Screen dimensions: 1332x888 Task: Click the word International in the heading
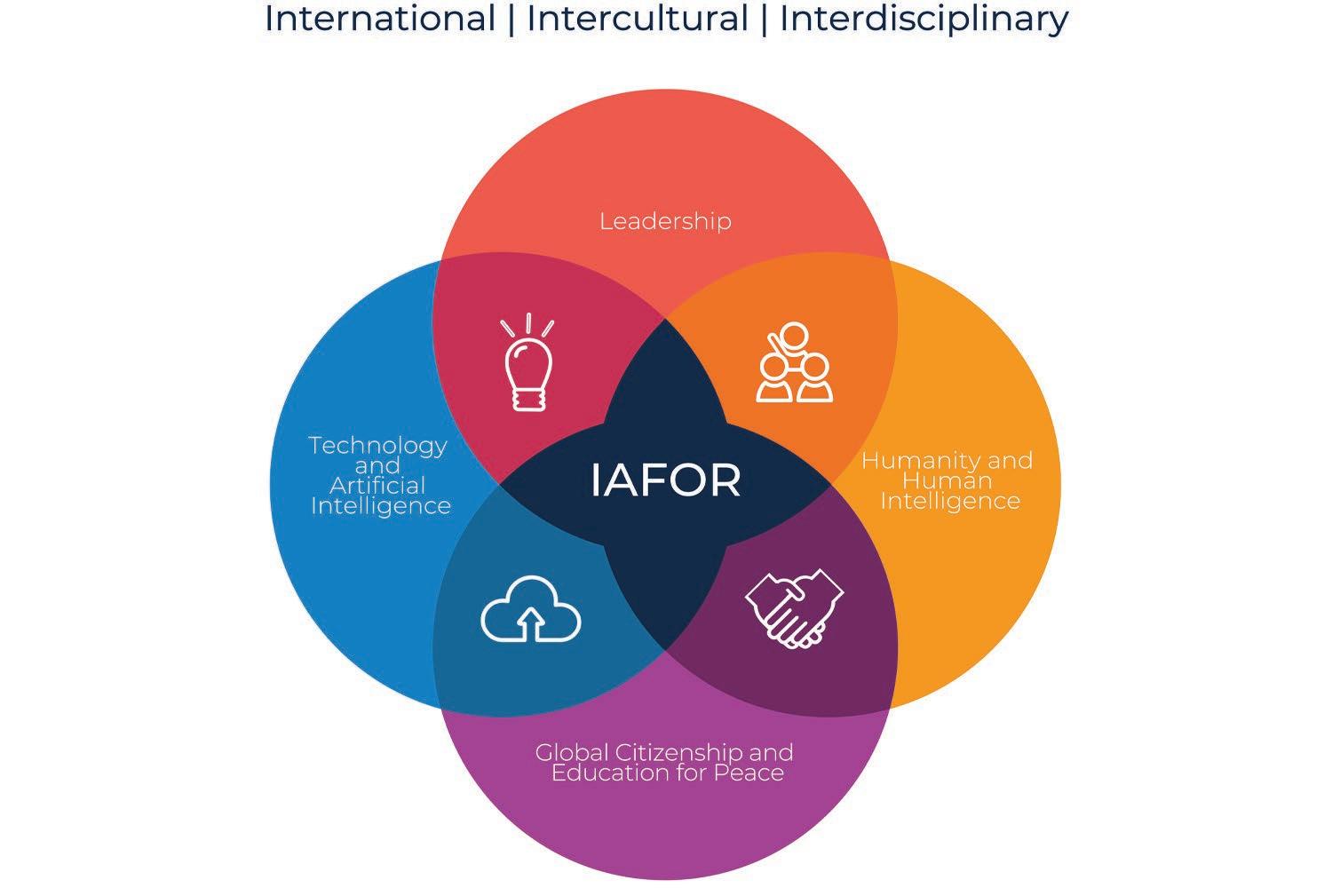click(379, 18)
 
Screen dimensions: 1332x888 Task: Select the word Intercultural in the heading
click(638, 18)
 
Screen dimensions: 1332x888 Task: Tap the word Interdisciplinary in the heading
click(924, 18)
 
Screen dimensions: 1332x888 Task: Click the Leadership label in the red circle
click(665, 220)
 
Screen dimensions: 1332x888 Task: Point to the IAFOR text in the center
click(665, 480)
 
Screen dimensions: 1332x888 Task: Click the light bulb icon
click(527, 363)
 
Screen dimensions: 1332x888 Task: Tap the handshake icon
click(794, 607)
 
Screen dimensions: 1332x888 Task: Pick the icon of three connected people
click(795, 363)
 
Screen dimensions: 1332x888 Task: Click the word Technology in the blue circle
click(377, 445)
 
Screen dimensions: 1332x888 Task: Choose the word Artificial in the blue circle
click(377, 486)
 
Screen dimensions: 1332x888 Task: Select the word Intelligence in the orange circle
click(949, 501)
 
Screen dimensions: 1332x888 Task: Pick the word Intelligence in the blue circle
click(380, 506)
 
